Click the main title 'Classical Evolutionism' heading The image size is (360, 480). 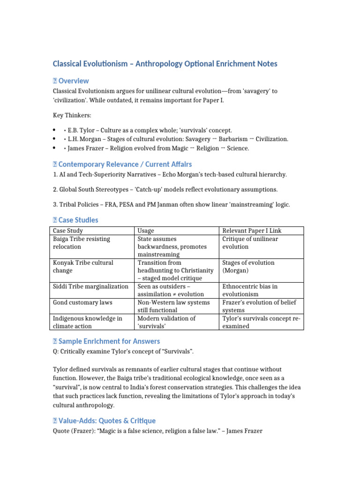coord(165,63)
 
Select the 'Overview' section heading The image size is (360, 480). coord(73,81)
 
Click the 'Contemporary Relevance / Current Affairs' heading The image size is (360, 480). coord(124,164)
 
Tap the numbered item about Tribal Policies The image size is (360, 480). coord(172,204)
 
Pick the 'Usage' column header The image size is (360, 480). coord(146,231)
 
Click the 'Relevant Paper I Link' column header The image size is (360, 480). coord(252,231)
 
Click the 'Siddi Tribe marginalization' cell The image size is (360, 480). coord(90,286)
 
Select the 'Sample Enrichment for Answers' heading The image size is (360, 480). coord(109,341)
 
